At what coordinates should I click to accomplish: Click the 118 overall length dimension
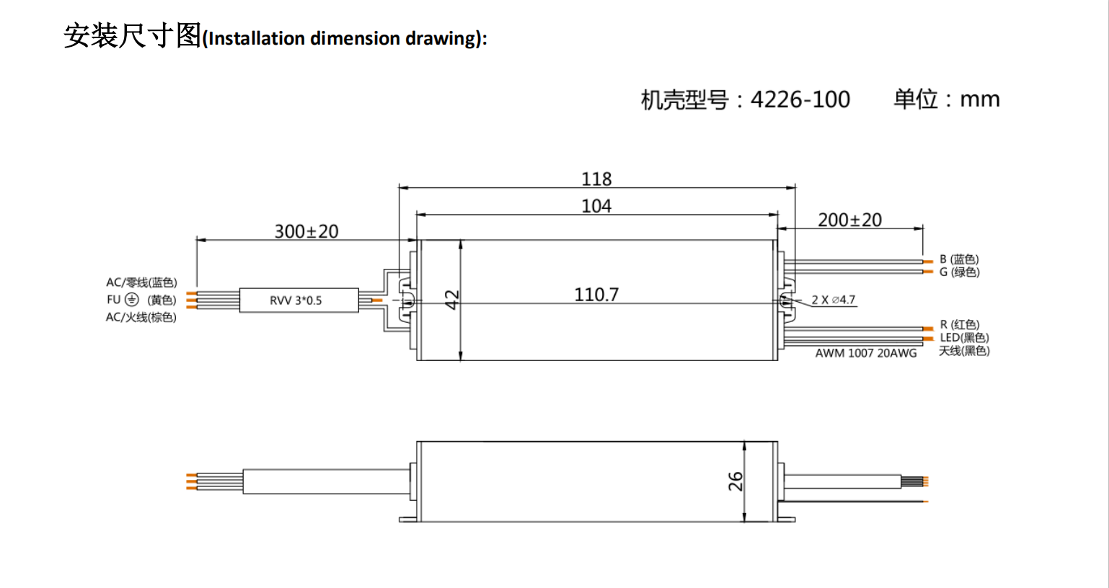coord(596,179)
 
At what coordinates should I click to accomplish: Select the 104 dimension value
coord(596,206)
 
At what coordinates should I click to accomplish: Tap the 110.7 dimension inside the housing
coord(596,295)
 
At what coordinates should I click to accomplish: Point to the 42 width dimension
coord(452,299)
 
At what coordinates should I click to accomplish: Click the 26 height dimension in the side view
coord(735,481)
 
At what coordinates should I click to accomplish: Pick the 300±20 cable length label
coord(306,231)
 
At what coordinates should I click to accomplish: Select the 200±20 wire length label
coord(849,220)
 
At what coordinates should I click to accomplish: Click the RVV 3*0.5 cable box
coord(298,300)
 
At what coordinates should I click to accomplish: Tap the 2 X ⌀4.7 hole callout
coord(833,300)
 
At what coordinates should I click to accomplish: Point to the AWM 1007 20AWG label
coord(866,353)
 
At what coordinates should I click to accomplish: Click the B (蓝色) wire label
coord(959,259)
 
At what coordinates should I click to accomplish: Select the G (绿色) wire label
coord(959,272)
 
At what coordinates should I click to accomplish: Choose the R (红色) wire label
coord(959,325)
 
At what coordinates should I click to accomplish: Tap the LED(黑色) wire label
coord(964,338)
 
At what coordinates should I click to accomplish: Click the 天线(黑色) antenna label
coord(964,351)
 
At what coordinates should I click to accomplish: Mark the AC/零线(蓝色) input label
coord(141,282)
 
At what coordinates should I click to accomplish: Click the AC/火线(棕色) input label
coord(141,317)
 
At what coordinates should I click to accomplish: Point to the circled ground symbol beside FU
coord(131,300)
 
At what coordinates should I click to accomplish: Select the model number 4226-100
coord(800,99)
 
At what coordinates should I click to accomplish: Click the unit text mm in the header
coord(980,99)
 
